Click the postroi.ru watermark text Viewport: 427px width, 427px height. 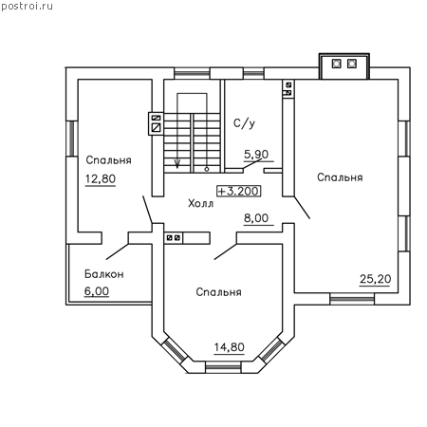(27, 7)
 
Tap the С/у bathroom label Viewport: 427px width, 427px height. (244, 123)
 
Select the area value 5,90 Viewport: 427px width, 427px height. (256, 155)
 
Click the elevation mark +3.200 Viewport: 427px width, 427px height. (239, 191)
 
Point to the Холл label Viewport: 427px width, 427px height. (200, 203)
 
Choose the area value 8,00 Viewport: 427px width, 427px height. (256, 218)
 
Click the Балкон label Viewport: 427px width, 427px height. (104, 274)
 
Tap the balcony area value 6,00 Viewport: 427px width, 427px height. (97, 291)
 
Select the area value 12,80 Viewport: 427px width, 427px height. (101, 179)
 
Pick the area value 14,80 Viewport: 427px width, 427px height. (230, 347)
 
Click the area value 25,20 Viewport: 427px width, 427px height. (375, 279)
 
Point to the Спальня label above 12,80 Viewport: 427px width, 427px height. (108, 160)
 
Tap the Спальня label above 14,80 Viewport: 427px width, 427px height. (218, 292)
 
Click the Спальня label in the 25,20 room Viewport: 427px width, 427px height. (340, 177)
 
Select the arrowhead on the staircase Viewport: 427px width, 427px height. (177, 163)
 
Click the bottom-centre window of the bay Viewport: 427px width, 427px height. (223, 367)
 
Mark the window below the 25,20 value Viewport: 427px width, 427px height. (352, 299)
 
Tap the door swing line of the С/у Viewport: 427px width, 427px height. (252, 164)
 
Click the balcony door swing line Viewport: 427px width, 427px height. (117, 251)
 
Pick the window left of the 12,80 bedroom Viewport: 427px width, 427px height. (72, 139)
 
